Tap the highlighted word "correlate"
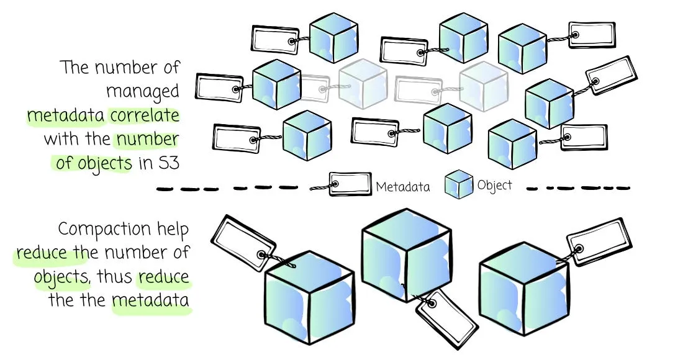coord(145,115)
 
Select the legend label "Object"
coord(495,185)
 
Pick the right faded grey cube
coord(484,84)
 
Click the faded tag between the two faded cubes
coord(419,89)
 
